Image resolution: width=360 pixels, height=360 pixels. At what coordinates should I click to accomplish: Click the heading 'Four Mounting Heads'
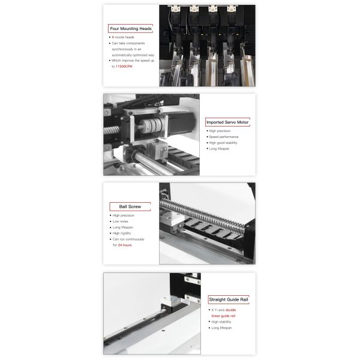coord(130,28)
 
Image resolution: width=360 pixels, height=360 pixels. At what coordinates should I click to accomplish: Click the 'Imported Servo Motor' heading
coord(227,122)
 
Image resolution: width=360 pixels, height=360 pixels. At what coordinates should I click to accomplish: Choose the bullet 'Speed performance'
coord(223,137)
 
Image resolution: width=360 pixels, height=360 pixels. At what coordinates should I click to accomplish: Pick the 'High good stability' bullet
coord(224,143)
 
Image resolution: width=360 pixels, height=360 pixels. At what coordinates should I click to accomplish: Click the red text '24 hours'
coord(123,245)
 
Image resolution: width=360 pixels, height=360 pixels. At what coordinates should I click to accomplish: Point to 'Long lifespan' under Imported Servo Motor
coord(221,149)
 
